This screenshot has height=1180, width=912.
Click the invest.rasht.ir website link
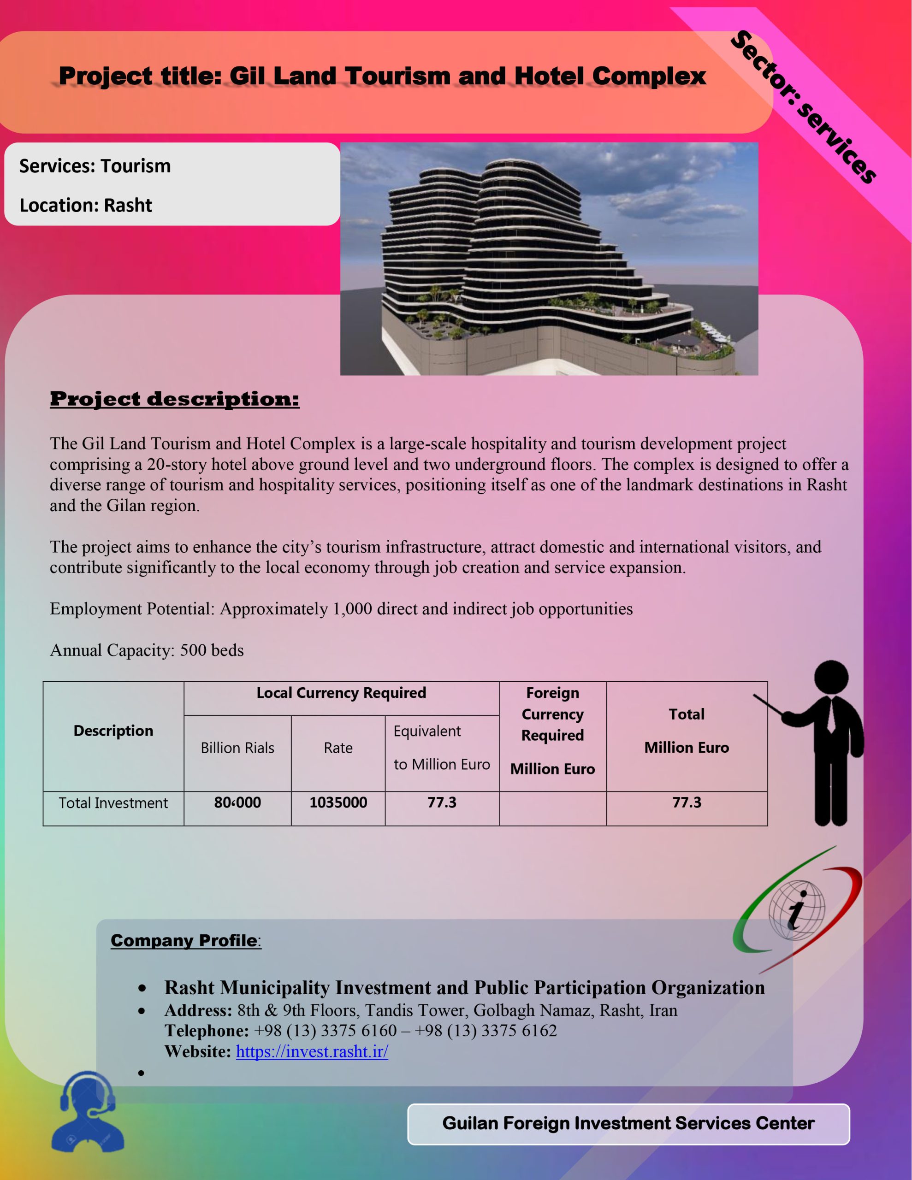coord(312,1051)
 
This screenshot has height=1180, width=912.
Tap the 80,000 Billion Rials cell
coord(237,802)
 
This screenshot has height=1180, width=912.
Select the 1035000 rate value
coord(338,802)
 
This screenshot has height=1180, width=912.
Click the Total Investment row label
coord(113,803)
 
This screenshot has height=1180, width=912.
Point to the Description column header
coord(113,731)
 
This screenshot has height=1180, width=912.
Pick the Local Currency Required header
coord(341,693)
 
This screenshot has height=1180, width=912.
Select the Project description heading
coord(174,399)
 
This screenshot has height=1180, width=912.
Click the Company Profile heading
coord(185,941)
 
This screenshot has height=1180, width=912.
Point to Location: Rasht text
coord(85,205)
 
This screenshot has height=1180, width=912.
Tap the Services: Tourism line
coord(95,166)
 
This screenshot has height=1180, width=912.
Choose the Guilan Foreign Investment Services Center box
coord(628,1123)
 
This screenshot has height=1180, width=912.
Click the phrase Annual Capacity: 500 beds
coord(147,650)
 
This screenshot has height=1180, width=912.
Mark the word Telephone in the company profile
coord(206,1031)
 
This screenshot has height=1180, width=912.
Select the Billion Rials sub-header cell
coord(237,748)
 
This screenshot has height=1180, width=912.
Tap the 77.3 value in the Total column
coord(687,802)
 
